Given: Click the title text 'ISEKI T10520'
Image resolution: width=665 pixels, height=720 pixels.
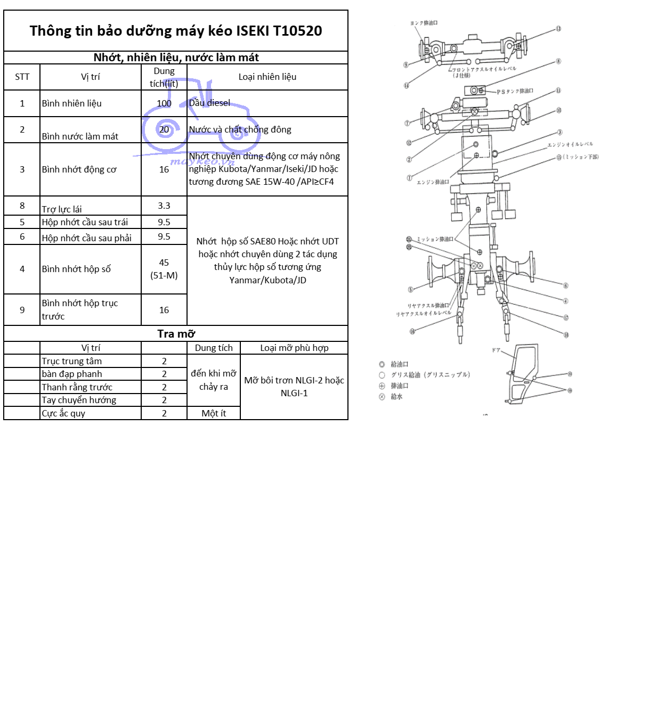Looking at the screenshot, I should pos(279,31).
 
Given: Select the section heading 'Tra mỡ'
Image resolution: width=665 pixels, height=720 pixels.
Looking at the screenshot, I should pos(176,334).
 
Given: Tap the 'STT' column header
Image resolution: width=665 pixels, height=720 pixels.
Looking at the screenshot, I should pos(22,77).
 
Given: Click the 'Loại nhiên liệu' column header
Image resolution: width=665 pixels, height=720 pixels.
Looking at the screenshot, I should pos(267,77).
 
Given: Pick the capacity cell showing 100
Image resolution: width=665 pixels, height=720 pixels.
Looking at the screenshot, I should pos(164,103).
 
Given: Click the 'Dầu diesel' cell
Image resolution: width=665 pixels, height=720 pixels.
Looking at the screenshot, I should pos(210,103).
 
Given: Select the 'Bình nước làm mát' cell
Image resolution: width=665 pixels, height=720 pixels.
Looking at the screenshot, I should pos(80,136).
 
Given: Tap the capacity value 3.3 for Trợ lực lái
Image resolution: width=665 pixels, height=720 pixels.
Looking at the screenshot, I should pos(164,206).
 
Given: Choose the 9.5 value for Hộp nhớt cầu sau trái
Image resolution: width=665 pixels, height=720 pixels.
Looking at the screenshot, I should pos(164,222).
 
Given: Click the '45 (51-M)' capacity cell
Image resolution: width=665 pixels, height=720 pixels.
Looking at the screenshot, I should pos(164,269).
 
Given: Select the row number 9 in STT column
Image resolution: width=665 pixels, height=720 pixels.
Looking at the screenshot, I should pos(22,310).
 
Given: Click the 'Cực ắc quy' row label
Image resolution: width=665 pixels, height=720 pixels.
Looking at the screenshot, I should pos(63,413).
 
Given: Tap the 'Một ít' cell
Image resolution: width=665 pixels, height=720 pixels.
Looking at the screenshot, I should pos(214,413).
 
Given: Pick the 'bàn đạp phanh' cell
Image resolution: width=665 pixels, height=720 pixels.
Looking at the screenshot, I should pos(72,374).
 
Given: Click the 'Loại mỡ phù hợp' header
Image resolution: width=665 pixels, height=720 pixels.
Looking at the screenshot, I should pos(294,348).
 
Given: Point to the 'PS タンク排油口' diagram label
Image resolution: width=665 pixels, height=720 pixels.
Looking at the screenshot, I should pos(514,92).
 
